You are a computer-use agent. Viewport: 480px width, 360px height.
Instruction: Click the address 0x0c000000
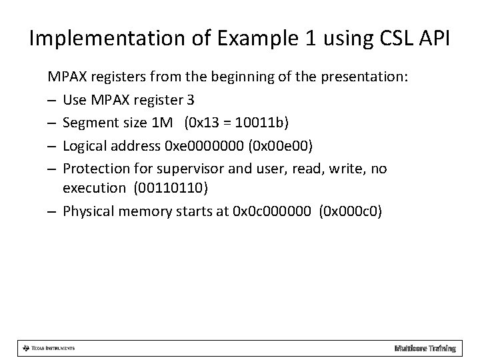[x=273, y=211]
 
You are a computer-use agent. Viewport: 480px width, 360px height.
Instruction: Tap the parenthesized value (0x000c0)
[x=351, y=211]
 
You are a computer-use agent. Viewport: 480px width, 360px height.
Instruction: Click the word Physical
[x=87, y=211]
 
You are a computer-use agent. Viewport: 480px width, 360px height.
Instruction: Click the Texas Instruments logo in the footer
[x=48, y=348]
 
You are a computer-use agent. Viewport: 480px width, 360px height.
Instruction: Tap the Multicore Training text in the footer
[x=425, y=348]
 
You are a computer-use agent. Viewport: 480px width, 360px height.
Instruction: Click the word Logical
[x=84, y=146]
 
